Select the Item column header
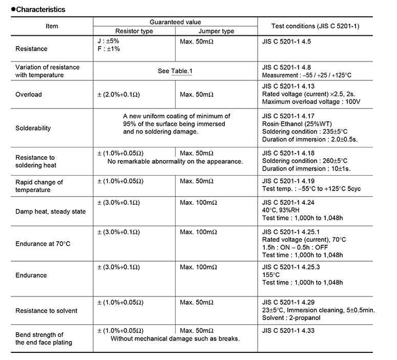52,26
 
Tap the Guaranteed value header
175,22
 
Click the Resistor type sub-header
134,31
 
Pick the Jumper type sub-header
217,31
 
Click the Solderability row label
33,128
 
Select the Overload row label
29,95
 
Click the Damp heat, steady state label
51,211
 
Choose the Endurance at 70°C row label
43,243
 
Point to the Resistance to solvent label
47,311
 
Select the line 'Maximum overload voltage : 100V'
311,102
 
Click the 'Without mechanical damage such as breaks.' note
175,338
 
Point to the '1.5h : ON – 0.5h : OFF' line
295,247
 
